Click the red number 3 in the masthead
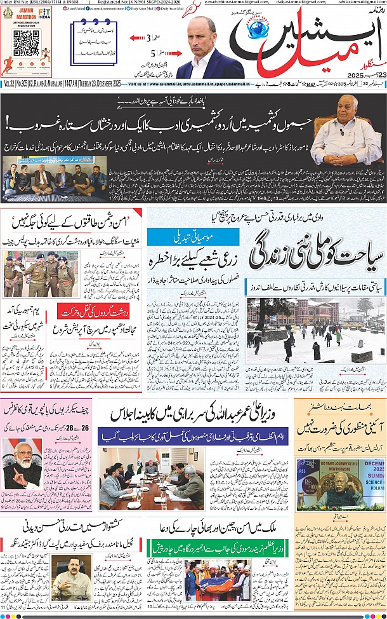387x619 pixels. [x=149, y=37]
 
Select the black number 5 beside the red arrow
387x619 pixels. [x=152, y=53]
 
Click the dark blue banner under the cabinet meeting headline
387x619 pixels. [x=194, y=437]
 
